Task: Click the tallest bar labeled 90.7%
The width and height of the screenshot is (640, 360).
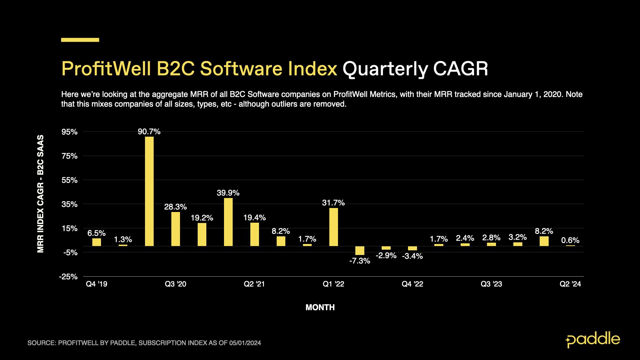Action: coord(149,191)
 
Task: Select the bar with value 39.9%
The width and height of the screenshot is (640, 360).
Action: coord(228,222)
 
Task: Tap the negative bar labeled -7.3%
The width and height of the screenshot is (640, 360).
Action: coord(360,251)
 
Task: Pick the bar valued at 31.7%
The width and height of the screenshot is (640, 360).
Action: coord(333,227)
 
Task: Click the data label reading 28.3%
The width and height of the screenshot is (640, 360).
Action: coord(175,207)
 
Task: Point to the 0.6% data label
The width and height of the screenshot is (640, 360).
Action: coord(570,240)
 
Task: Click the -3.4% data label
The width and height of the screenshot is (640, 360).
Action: coord(412,256)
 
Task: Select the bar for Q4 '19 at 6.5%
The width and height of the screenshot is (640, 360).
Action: coord(97,242)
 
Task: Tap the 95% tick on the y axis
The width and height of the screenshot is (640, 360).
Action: coord(70,132)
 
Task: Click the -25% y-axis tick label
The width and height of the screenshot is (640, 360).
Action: coord(68,277)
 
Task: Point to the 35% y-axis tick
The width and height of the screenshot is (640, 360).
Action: coord(70,204)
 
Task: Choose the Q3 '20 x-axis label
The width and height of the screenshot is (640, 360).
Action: coord(176,284)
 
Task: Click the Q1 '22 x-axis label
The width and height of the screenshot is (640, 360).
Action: coord(333,284)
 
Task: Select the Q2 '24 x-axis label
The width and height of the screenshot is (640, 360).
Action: coord(570,284)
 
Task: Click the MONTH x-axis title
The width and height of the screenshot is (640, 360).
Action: coord(320,307)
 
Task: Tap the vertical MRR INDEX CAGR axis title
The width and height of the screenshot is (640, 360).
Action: coord(40,193)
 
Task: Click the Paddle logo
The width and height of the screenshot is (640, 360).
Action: coord(593,340)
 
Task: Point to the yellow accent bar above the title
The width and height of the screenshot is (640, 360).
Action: coord(80,40)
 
